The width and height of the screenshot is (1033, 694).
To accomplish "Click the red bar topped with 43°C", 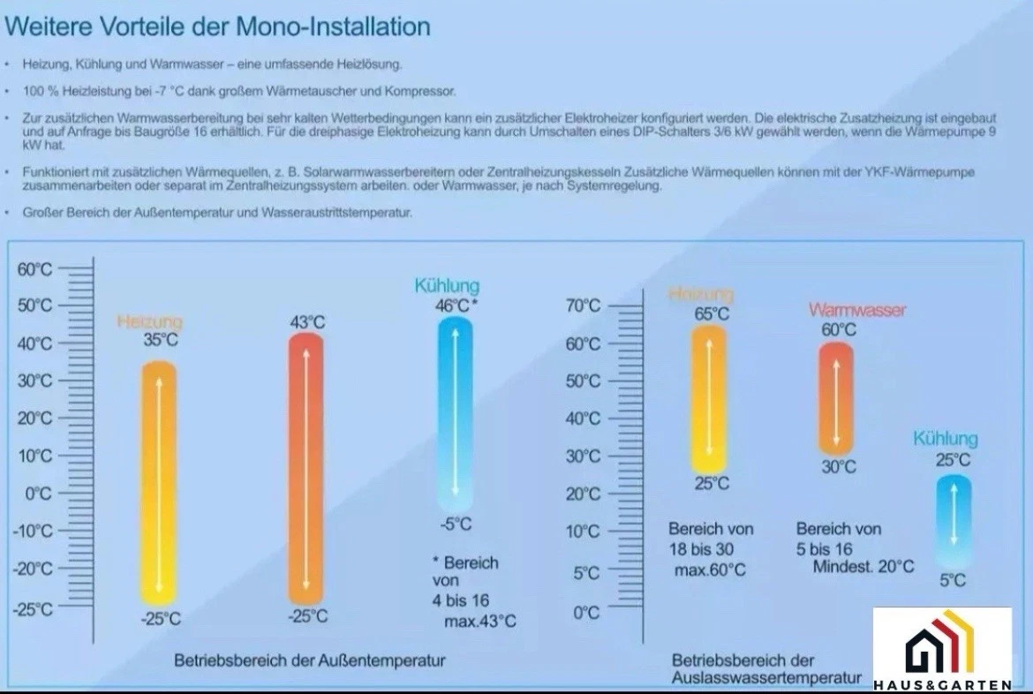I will pyautogui.click(x=306, y=468).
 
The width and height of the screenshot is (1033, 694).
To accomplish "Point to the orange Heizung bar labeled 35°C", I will pyautogui.click(x=160, y=481).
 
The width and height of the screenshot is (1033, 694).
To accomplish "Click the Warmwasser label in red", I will pyautogui.click(x=856, y=310).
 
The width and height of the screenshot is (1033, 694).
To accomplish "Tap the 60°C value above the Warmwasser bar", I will pyautogui.click(x=838, y=329).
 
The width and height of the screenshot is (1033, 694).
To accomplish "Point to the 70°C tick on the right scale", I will pyautogui.click(x=583, y=306).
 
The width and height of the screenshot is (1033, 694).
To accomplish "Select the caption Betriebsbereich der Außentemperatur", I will pyautogui.click(x=309, y=660).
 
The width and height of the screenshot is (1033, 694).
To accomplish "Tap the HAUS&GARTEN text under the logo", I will pyautogui.click(x=942, y=685).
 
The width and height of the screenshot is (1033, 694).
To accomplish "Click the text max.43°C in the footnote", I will pyautogui.click(x=479, y=621).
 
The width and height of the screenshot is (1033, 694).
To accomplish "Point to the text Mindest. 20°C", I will pyautogui.click(x=863, y=567).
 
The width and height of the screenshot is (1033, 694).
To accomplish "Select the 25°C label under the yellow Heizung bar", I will pyautogui.click(x=711, y=484).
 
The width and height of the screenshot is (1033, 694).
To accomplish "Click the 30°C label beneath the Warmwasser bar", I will pyautogui.click(x=838, y=467).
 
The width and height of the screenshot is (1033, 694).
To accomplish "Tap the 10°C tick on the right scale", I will pyautogui.click(x=583, y=532).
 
